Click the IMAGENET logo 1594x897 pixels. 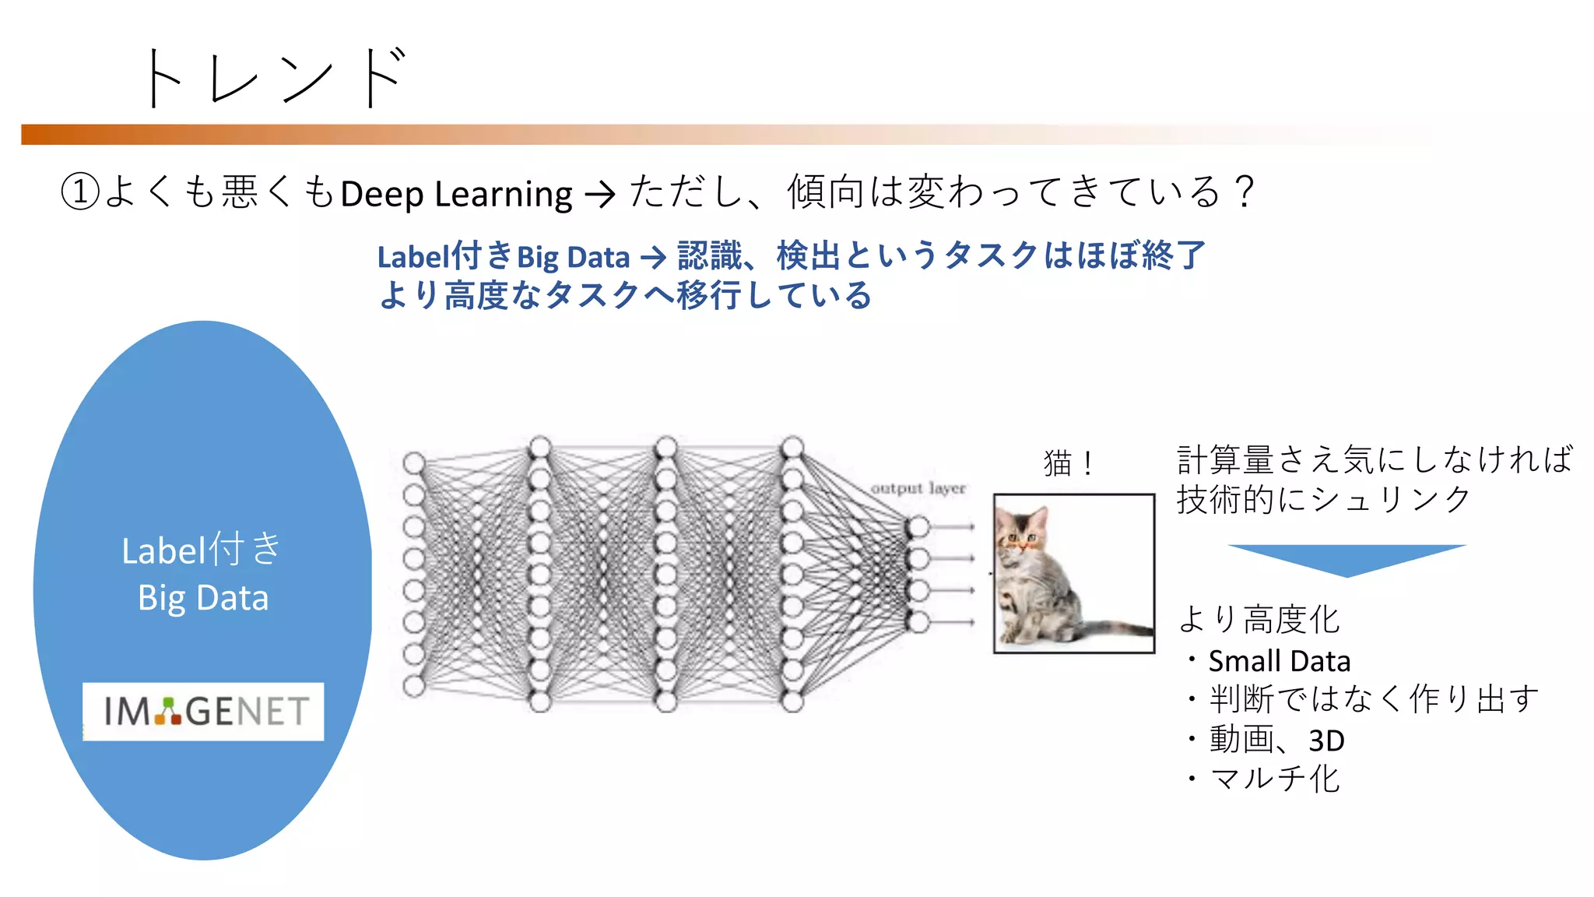point(204,711)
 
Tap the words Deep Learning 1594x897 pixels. point(456,194)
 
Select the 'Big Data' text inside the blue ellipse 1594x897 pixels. point(203,598)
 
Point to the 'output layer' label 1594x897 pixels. point(918,488)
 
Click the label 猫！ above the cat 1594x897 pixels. point(1068,463)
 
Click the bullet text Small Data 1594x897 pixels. point(1279,661)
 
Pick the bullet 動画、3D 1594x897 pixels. point(1276,740)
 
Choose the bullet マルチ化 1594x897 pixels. point(1274,779)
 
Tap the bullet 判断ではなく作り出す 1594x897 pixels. point(1374,699)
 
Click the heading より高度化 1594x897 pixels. point(1259,620)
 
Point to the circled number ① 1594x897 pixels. point(80,192)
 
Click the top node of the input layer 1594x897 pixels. point(414,463)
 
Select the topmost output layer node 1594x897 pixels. point(918,527)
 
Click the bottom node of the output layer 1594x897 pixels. point(918,622)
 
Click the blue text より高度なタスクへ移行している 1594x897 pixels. point(625,296)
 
